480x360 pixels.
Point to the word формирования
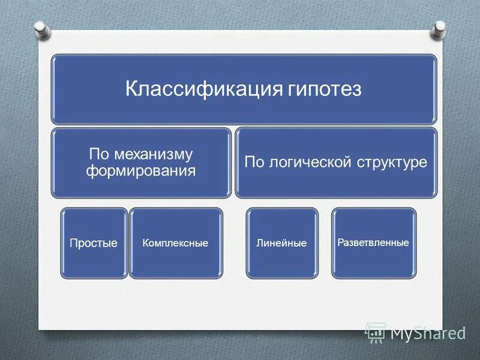(141, 170)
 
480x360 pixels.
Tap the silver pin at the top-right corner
(440, 27)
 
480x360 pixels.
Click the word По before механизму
(98, 154)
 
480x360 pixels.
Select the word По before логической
(254, 162)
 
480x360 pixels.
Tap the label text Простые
(94, 243)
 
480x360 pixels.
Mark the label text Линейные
(281, 243)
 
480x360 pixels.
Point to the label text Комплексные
(176, 243)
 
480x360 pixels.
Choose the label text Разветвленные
(373, 242)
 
